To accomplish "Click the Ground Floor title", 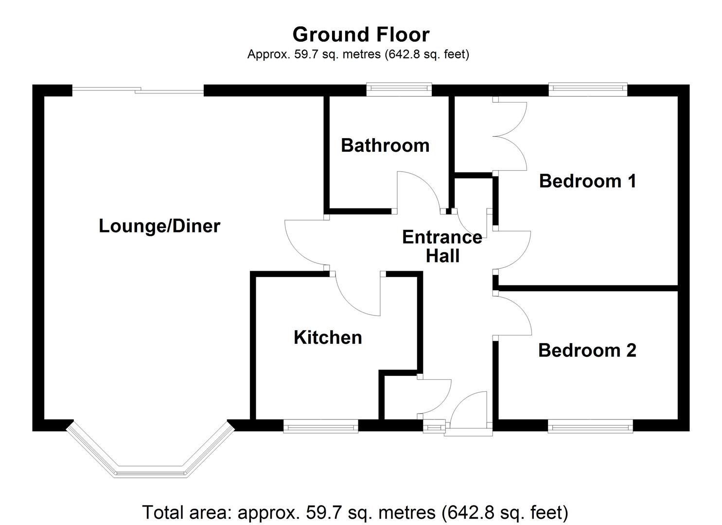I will pyautogui.click(x=361, y=35).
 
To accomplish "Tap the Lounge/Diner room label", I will pyautogui.click(x=159, y=226).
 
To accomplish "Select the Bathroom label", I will pyautogui.click(x=385, y=145).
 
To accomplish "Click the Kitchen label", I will pyautogui.click(x=328, y=337).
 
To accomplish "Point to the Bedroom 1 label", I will pyautogui.click(x=587, y=181).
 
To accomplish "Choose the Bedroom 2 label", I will pyautogui.click(x=587, y=350).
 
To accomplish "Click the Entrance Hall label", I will pyautogui.click(x=442, y=246).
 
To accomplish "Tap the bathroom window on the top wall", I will pyautogui.click(x=399, y=88).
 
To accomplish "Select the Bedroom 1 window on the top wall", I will pyautogui.click(x=588, y=88).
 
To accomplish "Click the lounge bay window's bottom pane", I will pyautogui.click(x=151, y=472).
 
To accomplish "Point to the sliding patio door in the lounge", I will pyautogui.click(x=138, y=90).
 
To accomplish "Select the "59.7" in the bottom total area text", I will pyautogui.click(x=321, y=512).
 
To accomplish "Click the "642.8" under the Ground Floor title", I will pyautogui.click(x=403, y=54).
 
